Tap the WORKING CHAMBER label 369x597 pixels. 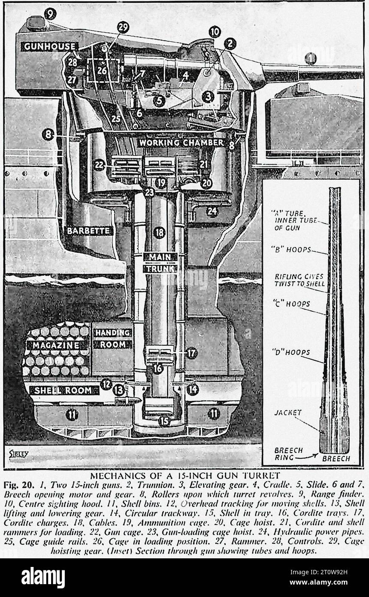pyautogui.click(x=180, y=142)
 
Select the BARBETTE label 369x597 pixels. pyautogui.click(x=89, y=231)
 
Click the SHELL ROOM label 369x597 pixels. pyautogui.click(x=63, y=390)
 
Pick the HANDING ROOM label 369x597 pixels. pyautogui.click(x=113, y=338)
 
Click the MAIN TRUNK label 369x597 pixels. pyautogui.click(x=160, y=262)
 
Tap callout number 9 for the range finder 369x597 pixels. pyautogui.click(x=50, y=14)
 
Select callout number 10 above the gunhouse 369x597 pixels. pyautogui.click(x=215, y=31)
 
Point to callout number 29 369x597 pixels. pyautogui.click(x=123, y=27)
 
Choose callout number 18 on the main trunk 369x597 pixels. pyautogui.click(x=160, y=233)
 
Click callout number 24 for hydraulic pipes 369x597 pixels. pyautogui.click(x=212, y=211)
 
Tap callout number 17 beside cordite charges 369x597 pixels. pyautogui.click(x=191, y=353)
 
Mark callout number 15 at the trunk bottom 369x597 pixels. pyautogui.click(x=164, y=421)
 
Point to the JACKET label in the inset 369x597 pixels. pyautogui.click(x=288, y=413)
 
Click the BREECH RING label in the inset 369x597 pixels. pyautogui.click(x=288, y=454)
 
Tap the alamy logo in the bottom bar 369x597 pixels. pyautogui.click(x=43, y=577)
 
